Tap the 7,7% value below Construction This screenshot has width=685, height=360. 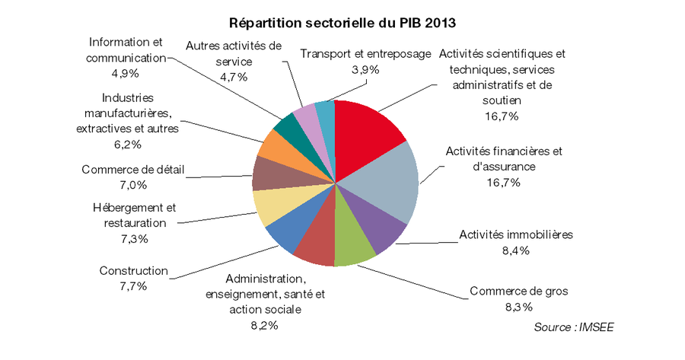click(133, 286)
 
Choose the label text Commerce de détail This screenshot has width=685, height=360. click(133, 169)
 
